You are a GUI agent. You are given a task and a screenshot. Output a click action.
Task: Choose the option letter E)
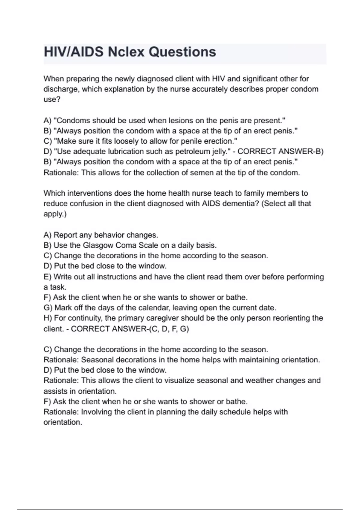(47, 277)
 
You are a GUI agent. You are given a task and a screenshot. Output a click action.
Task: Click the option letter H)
(48, 318)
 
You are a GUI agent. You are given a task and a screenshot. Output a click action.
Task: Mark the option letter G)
(48, 308)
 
